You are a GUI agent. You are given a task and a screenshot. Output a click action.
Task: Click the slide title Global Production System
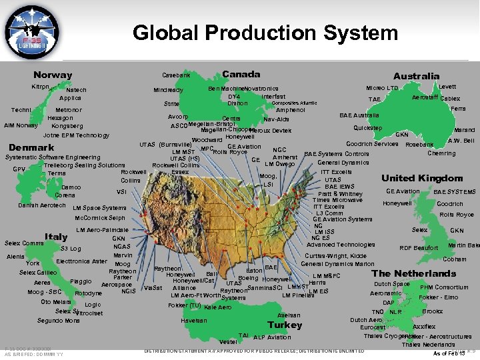click(265, 32)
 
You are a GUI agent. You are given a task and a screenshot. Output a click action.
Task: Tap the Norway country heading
click(53, 75)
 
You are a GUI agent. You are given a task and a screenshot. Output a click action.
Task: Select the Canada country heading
click(241, 74)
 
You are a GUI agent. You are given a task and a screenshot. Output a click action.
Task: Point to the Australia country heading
click(416, 76)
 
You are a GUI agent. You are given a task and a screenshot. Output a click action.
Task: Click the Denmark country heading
click(31, 147)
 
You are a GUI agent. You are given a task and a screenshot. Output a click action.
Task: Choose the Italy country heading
click(55, 236)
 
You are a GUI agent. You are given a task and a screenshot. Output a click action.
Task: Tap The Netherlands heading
click(413, 273)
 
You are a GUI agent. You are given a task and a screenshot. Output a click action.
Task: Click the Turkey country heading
click(285, 325)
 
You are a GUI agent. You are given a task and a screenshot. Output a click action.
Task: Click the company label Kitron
click(41, 87)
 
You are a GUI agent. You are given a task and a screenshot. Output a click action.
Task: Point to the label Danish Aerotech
click(43, 205)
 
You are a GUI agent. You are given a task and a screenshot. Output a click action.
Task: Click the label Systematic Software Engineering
click(53, 157)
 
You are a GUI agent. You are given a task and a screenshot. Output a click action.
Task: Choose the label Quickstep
click(367, 127)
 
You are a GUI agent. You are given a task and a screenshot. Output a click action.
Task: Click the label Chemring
click(441, 153)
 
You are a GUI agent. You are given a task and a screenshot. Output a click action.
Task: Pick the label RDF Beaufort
click(419, 248)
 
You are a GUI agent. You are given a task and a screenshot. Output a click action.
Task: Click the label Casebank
click(176, 75)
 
